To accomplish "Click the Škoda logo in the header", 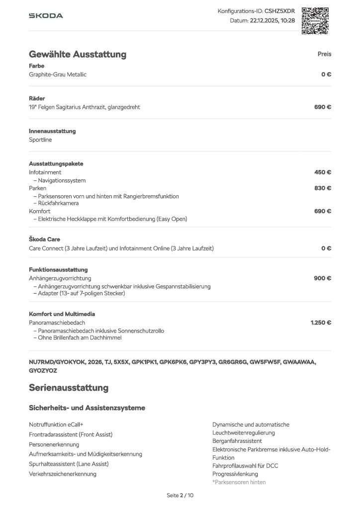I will [x=46, y=16].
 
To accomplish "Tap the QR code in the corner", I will [x=315, y=20].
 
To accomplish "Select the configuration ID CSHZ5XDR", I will [x=279, y=11].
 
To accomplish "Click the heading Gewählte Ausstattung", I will [x=78, y=54].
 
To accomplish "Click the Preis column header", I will [x=324, y=54].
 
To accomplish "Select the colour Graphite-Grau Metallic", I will [x=58, y=75].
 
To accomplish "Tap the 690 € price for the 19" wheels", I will [x=323, y=107].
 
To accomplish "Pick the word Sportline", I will [x=40, y=140].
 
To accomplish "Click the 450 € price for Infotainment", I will [x=323, y=172].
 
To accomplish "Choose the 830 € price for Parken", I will [x=323, y=188].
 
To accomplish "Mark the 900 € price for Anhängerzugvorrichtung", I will [x=323, y=278].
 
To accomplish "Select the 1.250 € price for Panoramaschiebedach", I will [x=321, y=323].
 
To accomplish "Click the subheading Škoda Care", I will [x=44, y=239].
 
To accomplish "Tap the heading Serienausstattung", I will [x=69, y=387].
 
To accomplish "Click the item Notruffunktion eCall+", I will [x=56, y=424].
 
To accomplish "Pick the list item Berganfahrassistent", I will [x=237, y=441].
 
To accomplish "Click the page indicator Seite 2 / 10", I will [x=180, y=496].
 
